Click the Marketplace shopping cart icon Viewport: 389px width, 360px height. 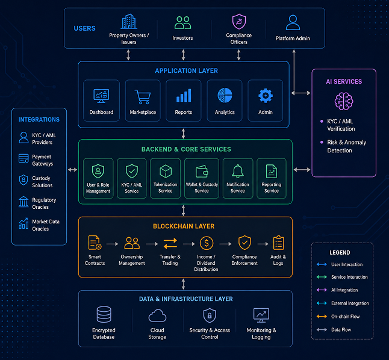tap(143, 97)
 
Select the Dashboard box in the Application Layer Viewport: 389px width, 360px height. tap(101, 101)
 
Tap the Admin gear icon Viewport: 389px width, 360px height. tap(266, 96)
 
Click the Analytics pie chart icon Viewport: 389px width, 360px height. tap(225, 95)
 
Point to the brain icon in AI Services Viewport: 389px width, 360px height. tap(344, 101)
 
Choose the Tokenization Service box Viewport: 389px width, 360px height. tap(165, 178)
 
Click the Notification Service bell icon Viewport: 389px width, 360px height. tap(238, 171)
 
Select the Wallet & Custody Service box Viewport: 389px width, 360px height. tap(202, 178)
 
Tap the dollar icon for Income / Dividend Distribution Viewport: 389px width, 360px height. tap(207, 243)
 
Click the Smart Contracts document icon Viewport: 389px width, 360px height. tap(95, 243)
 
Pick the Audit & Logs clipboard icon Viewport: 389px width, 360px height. tap(279, 243)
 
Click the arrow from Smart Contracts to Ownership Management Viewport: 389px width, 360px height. tap(113, 244)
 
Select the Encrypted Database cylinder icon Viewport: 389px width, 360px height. tap(104, 314)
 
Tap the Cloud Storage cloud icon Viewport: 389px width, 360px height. tap(157, 315)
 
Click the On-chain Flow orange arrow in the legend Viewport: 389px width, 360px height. tap(322, 316)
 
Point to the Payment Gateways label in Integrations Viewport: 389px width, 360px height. tap(42, 160)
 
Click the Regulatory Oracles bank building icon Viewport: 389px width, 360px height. tap(23, 202)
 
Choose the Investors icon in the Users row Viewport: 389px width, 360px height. tap(183, 23)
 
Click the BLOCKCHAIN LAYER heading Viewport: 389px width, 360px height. tap(184, 226)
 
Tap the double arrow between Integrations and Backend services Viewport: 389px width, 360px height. tap(72, 170)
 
